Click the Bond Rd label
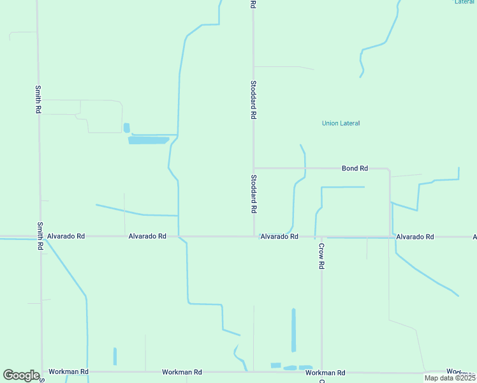point(355,169)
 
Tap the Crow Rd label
point(322,256)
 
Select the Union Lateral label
point(341,123)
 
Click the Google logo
point(21,375)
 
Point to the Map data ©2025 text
point(450,378)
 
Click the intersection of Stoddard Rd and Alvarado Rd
point(254,237)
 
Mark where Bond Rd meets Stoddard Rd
point(254,169)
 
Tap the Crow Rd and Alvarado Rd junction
point(321,237)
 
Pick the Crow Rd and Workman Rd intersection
point(321,372)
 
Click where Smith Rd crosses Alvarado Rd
point(40,237)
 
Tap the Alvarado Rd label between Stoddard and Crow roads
point(279,237)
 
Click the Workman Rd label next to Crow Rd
point(325,373)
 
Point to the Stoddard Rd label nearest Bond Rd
point(254,194)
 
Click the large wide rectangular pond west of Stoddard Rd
point(149,140)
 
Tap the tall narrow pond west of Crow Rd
point(293,330)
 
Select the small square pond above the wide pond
point(126,128)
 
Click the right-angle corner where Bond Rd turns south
point(389,169)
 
